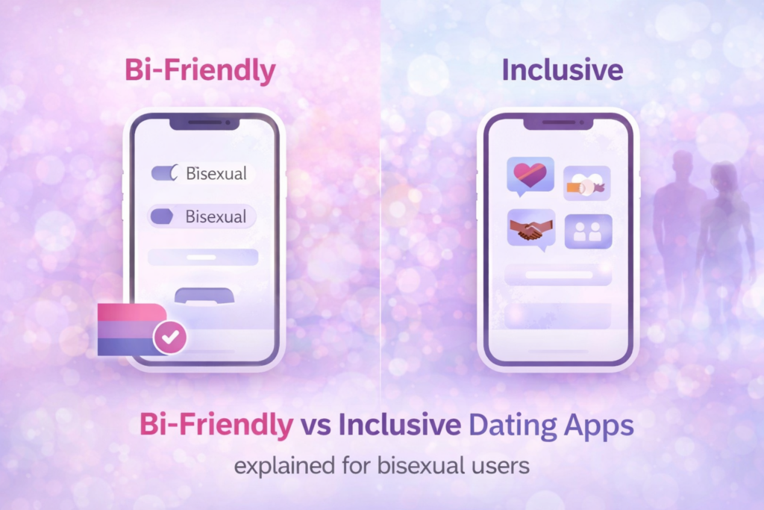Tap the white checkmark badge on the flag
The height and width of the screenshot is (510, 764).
click(x=169, y=338)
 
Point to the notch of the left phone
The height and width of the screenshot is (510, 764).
click(x=204, y=121)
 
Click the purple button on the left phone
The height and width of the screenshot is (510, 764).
click(x=204, y=296)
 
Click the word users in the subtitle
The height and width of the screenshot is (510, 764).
click(x=499, y=467)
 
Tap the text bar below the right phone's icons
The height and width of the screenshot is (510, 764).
click(x=559, y=275)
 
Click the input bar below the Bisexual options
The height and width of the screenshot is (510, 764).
click(x=203, y=257)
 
